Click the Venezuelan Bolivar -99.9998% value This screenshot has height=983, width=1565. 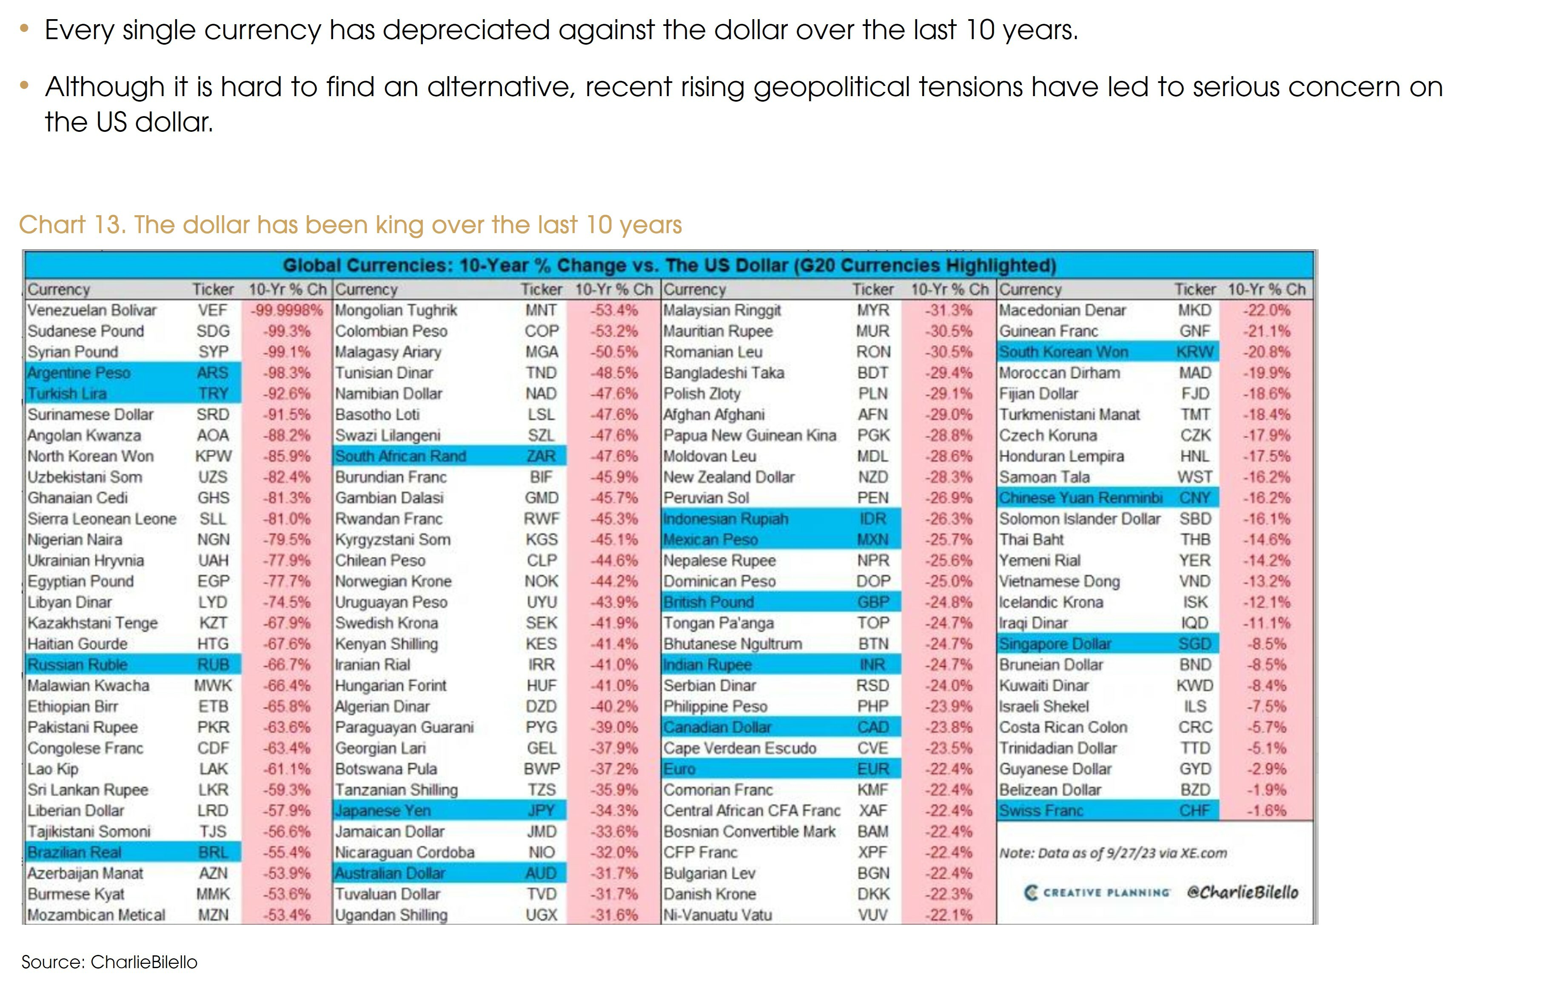[287, 310]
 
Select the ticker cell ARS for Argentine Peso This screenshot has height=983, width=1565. [213, 373]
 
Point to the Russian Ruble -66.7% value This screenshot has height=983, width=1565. [287, 665]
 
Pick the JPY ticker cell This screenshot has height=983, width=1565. [541, 811]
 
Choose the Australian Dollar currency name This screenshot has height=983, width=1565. [390, 873]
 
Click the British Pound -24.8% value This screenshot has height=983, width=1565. [949, 602]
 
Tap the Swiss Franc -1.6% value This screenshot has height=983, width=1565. [1266, 811]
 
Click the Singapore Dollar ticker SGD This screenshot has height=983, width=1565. [1194, 644]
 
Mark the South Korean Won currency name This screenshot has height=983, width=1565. [1063, 352]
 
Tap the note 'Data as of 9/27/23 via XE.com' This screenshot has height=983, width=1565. [1113, 853]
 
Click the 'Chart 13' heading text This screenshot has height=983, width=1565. [350, 225]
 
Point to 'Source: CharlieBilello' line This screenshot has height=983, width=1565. [109, 962]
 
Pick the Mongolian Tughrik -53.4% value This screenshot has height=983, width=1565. [613, 310]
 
